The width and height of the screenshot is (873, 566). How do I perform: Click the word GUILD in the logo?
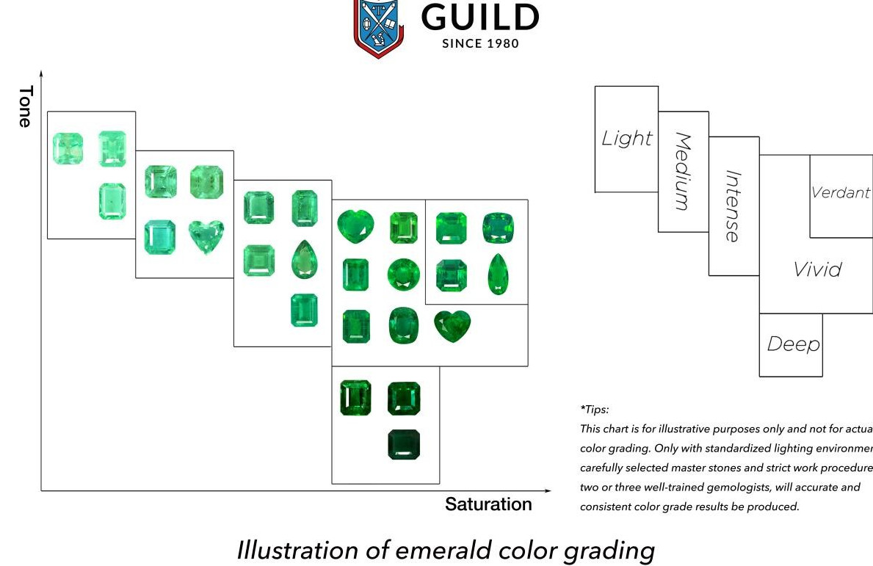pos(480,18)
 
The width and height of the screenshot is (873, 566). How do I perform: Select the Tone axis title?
pos(26,106)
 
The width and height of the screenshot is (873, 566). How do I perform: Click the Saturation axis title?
pos(488,504)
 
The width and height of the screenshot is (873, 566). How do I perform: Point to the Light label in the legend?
pos(626,138)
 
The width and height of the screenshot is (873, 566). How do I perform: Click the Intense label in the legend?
pos(733,206)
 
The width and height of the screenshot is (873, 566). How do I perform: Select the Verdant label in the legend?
pos(841,192)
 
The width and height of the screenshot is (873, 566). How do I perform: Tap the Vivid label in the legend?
pos(817,269)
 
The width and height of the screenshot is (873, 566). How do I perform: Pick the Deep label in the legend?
pos(792,344)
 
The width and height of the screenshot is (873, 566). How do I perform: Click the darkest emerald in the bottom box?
pos(404,445)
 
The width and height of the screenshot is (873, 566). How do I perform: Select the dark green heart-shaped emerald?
pos(452,325)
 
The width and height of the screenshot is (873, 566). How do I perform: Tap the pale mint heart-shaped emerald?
pos(206,236)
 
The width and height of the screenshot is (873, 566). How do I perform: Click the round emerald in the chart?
pos(404,275)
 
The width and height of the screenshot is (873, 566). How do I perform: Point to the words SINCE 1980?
pos(480,43)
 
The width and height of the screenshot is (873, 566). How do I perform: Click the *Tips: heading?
pos(595,410)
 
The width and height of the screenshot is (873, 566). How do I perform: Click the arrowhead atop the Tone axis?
pos(41,74)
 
